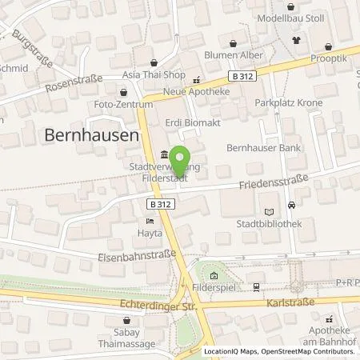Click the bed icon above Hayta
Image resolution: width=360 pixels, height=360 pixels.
click(149, 220)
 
